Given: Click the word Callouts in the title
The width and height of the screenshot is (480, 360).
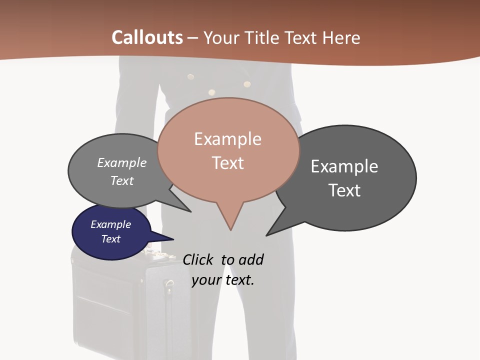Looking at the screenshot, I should [x=147, y=37].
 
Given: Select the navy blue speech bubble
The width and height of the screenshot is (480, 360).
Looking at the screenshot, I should [x=111, y=232].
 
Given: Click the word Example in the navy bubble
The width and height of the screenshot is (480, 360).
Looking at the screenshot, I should [x=111, y=224].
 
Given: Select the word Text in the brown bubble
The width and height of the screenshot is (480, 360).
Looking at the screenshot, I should [x=228, y=163].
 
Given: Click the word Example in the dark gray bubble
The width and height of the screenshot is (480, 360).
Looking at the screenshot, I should [x=344, y=166].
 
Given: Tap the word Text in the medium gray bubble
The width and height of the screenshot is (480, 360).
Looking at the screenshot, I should [x=122, y=180].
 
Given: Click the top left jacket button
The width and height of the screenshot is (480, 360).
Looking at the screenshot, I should [x=190, y=77].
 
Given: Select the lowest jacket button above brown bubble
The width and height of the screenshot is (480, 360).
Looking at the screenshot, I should [x=211, y=92].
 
